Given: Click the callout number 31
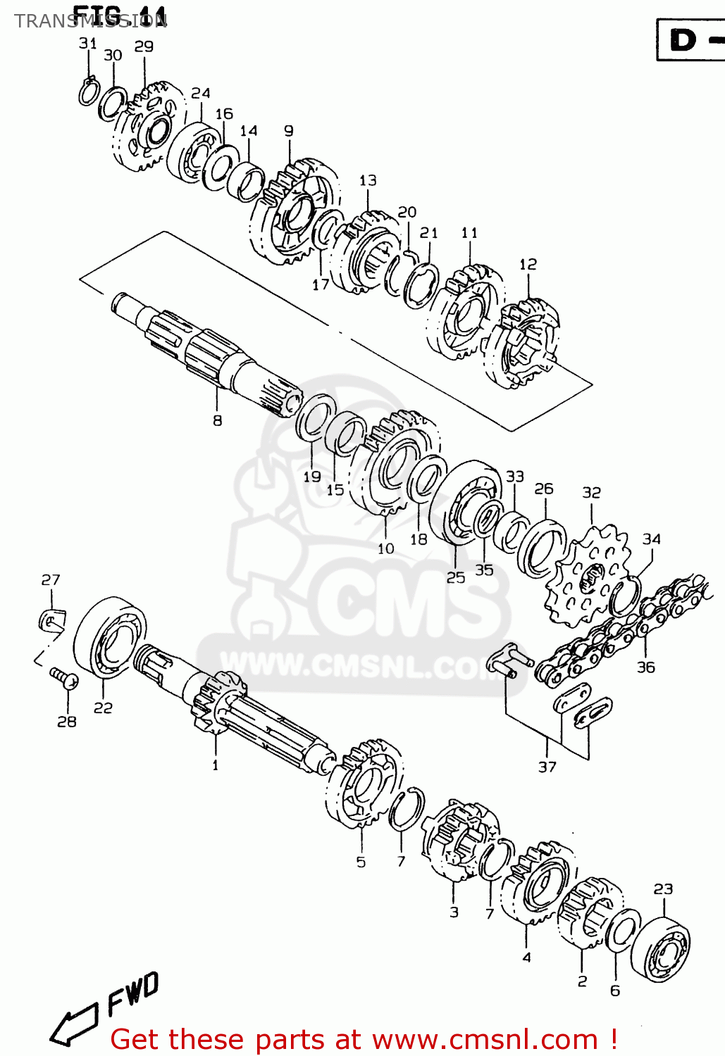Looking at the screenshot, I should (87, 43).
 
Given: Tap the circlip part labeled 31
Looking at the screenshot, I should (88, 92).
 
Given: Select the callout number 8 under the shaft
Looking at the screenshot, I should (217, 420).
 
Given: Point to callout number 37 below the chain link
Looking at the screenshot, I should (547, 767).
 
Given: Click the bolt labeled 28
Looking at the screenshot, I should (64, 679).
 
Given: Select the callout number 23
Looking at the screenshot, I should (663, 888).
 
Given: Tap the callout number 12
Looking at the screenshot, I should (528, 264).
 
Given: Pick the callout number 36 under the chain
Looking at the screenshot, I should (645, 667).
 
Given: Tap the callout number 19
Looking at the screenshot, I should (312, 477).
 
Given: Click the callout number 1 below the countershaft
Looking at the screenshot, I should (215, 765).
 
